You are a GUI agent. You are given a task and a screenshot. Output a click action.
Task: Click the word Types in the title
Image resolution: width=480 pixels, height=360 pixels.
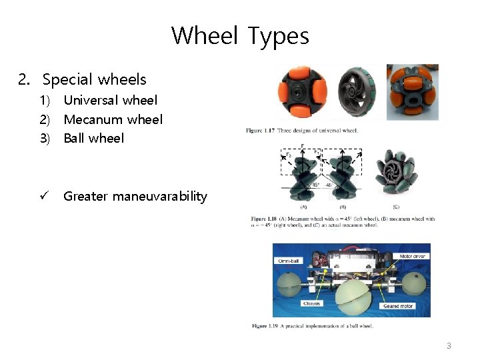(x=278, y=35)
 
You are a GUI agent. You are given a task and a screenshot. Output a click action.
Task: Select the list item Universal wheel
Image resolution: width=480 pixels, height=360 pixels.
(x=110, y=100)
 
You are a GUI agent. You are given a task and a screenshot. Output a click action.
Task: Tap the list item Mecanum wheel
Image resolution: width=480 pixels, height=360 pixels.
(x=113, y=119)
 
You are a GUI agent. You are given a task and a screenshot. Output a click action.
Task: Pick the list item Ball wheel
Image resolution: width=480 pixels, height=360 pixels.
(x=93, y=138)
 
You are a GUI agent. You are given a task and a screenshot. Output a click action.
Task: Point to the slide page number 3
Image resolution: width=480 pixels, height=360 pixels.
(x=449, y=345)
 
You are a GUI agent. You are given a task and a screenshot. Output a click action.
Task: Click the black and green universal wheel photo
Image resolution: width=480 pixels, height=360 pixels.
(x=357, y=92)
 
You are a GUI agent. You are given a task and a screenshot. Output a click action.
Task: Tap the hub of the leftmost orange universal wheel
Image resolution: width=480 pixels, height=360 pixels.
(x=303, y=92)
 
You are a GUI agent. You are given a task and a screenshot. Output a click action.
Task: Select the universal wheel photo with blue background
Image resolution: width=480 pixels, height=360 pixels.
(x=412, y=91)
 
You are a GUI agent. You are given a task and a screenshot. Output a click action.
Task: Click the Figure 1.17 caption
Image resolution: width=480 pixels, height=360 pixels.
(x=301, y=130)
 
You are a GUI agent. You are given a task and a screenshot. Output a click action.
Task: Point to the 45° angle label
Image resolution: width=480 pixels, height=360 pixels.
(x=316, y=185)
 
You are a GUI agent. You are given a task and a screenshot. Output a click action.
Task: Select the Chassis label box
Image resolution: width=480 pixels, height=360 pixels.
(x=311, y=303)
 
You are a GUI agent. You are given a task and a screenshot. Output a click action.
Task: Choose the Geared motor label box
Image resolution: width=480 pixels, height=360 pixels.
(x=398, y=306)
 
